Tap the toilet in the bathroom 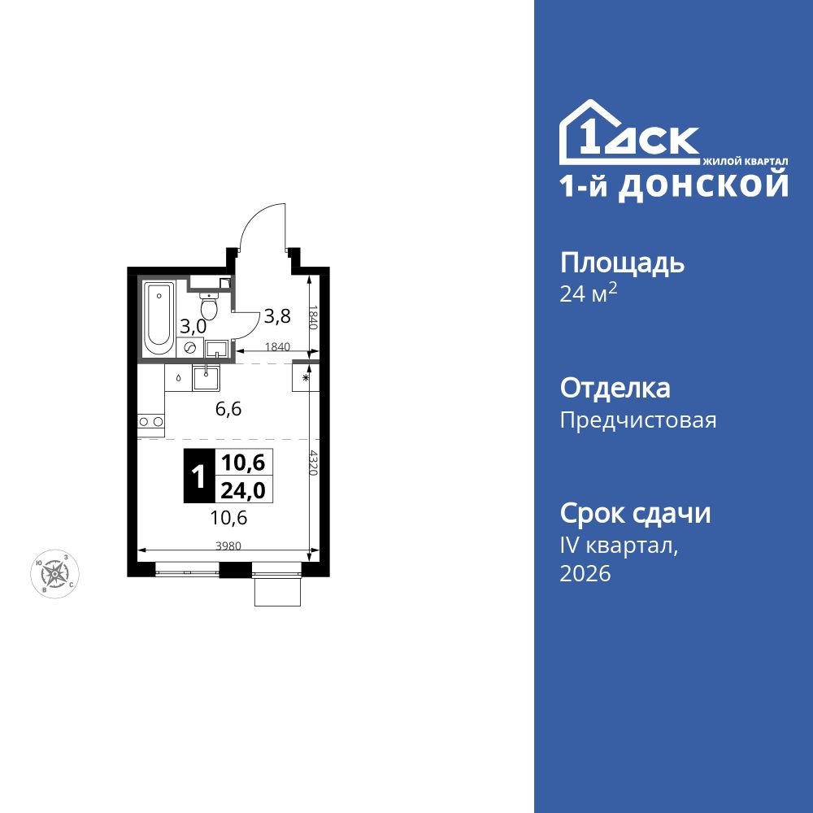coord(210,307)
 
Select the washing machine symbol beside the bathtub coord(190,347)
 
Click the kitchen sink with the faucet coord(206,378)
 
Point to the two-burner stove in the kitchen coord(150,421)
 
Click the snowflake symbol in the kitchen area coord(306,378)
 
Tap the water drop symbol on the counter coord(178,377)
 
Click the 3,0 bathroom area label coord(193,326)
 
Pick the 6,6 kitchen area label coord(228,409)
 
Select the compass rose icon coord(54,573)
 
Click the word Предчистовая coord(638,420)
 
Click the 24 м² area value coord(589,294)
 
